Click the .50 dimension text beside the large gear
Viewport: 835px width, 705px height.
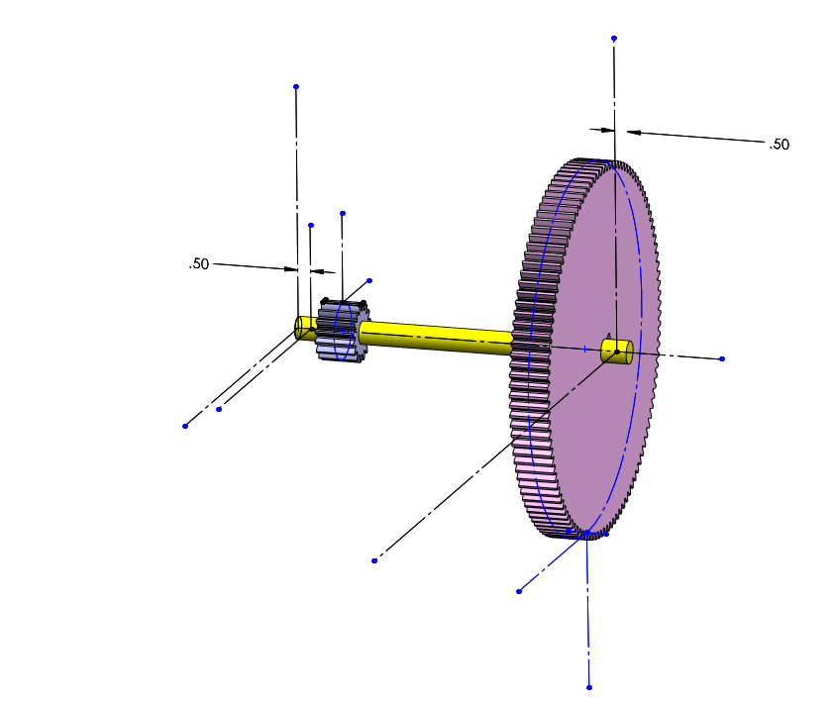(x=780, y=145)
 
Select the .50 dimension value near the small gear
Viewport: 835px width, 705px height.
(x=199, y=264)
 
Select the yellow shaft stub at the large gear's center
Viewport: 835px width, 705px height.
(x=618, y=351)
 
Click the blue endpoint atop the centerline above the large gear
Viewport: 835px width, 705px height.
(x=614, y=39)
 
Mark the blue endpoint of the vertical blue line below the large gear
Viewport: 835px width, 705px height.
(x=589, y=687)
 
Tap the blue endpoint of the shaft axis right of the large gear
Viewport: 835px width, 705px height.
(x=722, y=358)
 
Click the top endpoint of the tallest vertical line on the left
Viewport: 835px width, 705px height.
(x=296, y=87)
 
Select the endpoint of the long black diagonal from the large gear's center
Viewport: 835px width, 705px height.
(x=374, y=560)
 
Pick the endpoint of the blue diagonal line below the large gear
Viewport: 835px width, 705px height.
(x=519, y=591)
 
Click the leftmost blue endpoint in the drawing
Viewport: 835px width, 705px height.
(x=185, y=426)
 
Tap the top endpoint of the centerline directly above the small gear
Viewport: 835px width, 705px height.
(x=343, y=213)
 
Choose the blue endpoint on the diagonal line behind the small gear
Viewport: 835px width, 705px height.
(x=369, y=280)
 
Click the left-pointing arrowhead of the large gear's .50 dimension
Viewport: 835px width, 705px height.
(x=634, y=132)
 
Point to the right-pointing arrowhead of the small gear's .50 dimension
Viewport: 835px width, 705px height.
(x=290, y=268)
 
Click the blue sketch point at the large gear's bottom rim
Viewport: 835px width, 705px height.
(x=586, y=533)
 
